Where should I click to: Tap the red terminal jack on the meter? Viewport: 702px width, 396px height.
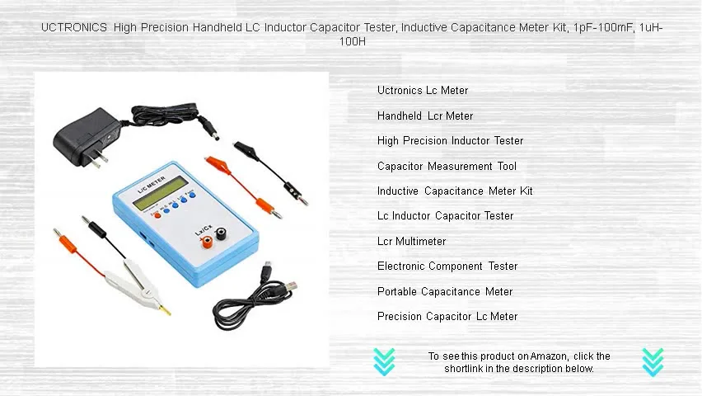(207, 241)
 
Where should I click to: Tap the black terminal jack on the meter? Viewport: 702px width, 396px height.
(221, 234)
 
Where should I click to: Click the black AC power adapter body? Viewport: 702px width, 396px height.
(82, 135)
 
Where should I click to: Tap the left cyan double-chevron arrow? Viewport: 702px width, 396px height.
(384, 361)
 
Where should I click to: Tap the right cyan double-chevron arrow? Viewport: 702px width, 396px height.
(653, 361)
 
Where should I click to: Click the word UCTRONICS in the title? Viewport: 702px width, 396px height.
(74, 27)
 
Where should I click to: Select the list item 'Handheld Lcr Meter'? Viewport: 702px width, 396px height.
(425, 116)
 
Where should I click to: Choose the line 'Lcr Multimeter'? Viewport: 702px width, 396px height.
(411, 242)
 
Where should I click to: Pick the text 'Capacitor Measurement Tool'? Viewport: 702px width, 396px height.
(447, 167)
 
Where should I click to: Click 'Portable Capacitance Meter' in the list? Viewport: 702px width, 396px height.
(445, 292)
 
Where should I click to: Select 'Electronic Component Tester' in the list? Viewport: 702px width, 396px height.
(447, 266)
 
